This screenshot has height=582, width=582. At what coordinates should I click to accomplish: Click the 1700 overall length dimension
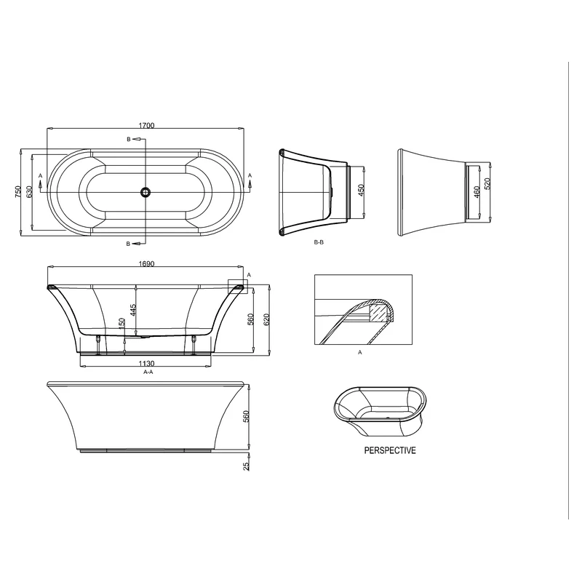[146, 126]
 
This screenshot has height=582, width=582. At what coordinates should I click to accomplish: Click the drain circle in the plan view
[146, 192]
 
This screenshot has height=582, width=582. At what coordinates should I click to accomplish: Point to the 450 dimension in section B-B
[361, 192]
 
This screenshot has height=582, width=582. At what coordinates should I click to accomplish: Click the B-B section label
[319, 242]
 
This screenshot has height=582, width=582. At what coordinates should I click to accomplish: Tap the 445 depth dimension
[133, 310]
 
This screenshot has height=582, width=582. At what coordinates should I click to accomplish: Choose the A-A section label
[148, 372]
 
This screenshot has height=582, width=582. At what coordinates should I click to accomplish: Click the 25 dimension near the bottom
[246, 465]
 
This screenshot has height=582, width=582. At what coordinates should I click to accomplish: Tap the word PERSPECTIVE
[390, 451]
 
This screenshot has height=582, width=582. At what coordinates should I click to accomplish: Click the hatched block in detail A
[378, 312]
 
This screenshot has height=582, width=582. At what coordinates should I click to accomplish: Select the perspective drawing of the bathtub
[378, 412]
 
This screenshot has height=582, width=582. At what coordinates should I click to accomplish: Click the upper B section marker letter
[129, 139]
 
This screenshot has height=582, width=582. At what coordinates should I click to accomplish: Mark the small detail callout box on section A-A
[237, 286]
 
